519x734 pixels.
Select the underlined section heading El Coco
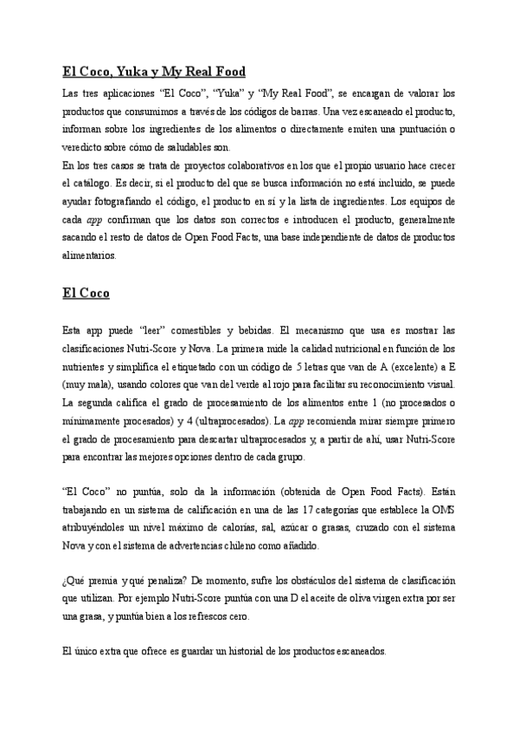point(86,293)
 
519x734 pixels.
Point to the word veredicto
point(85,147)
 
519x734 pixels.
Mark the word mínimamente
point(92,422)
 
